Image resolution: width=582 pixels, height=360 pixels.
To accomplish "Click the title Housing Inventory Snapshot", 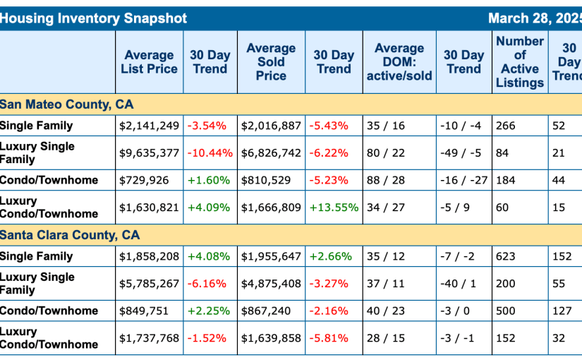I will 94,18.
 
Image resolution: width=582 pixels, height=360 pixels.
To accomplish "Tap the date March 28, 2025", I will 535,18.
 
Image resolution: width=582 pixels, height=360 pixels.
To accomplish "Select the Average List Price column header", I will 149,62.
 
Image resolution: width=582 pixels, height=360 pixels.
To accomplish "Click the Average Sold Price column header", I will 271,62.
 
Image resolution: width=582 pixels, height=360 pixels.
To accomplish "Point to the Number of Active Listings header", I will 520,62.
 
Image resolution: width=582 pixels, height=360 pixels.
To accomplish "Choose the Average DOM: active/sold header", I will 399,62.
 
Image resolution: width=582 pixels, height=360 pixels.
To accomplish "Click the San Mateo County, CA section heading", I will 67,104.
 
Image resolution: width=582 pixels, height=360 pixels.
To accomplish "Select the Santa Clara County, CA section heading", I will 70,235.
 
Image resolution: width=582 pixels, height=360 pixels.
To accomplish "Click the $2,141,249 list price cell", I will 149,126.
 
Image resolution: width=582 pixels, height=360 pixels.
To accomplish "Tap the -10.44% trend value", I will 210,152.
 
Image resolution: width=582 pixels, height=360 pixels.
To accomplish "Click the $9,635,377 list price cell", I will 149,152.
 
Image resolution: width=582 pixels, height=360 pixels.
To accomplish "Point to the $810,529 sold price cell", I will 266,180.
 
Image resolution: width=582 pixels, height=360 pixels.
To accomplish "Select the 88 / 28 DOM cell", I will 386,180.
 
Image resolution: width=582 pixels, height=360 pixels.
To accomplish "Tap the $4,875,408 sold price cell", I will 271,283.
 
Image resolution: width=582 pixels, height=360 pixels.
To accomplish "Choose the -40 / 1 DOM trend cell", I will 458,283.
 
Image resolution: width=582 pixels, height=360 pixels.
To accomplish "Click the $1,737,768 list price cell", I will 149,338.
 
